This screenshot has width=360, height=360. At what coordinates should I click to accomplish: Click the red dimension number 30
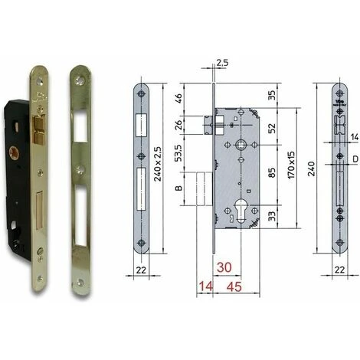coord(224,267)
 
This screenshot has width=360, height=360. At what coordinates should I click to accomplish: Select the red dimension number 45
coord(234,286)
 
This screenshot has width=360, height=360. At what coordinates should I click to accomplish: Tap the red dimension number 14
coord(206,286)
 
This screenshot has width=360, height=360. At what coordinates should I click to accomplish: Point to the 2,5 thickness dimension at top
coord(222,63)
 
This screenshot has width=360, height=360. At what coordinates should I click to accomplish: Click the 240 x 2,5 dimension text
coord(158,164)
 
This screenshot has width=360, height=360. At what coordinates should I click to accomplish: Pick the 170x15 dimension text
coord(291,165)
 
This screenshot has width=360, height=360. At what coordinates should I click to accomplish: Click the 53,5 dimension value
coord(178,153)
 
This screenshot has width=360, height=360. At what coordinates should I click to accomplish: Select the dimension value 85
coord(273,172)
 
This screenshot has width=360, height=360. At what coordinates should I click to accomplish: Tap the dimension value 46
coord(178,98)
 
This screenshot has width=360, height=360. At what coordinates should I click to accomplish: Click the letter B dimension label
coord(178,188)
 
